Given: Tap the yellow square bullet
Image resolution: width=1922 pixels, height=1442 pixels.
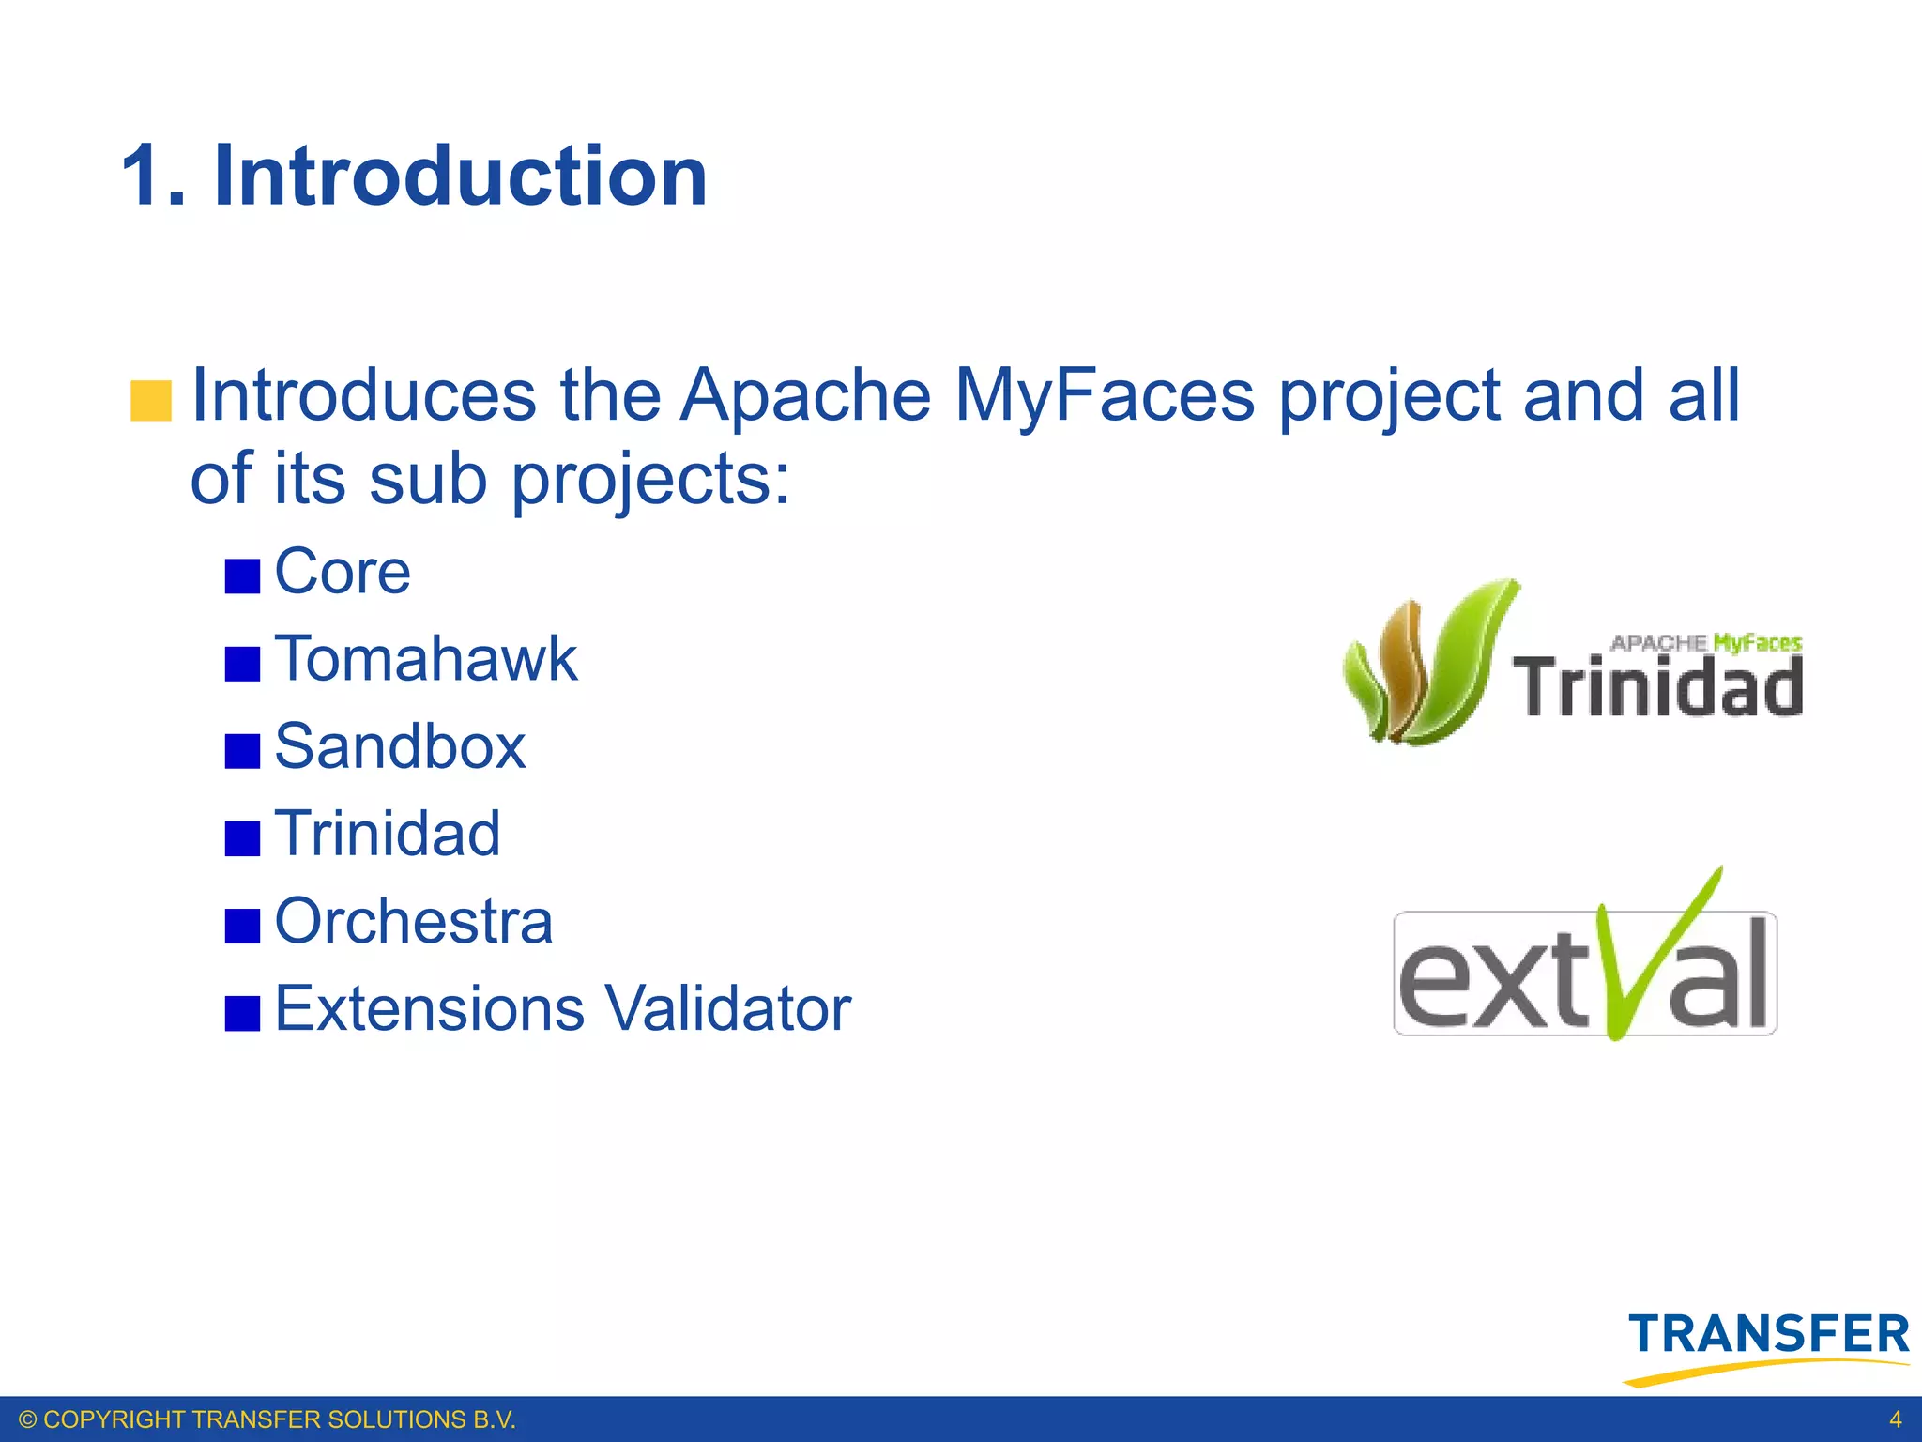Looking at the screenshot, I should click(x=151, y=401).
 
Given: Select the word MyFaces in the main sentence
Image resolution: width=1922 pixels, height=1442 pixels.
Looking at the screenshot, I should click(x=1104, y=395).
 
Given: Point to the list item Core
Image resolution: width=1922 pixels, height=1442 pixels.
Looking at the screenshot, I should click(x=343, y=572).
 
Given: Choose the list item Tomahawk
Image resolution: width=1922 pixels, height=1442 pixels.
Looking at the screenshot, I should click(x=425, y=659).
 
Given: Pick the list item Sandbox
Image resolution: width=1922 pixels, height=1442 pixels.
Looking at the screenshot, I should click(x=400, y=747).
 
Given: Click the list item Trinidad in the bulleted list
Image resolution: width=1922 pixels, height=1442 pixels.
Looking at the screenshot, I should click(x=388, y=834).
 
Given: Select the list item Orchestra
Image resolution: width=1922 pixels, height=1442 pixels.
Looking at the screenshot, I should click(x=413, y=922).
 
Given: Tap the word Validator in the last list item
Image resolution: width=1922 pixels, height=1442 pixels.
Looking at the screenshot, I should click(x=727, y=1009).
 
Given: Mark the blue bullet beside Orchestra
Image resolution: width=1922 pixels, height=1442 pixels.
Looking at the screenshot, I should click(x=242, y=926).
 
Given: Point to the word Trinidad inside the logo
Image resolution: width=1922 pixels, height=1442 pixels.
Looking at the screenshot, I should click(x=1657, y=687).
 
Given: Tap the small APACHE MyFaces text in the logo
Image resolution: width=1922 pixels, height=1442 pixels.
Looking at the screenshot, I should click(x=1705, y=643).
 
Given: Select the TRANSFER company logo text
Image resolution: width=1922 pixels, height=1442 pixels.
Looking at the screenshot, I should click(x=1768, y=1335).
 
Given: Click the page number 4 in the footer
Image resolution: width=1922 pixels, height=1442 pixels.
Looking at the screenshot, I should click(x=1895, y=1419).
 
